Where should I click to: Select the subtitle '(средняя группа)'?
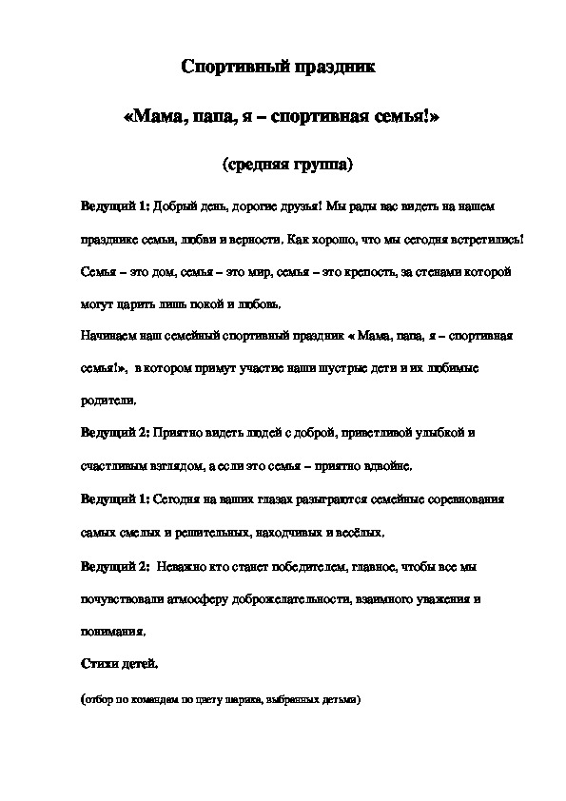[x=287, y=165]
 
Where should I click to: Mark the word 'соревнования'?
[x=465, y=498]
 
